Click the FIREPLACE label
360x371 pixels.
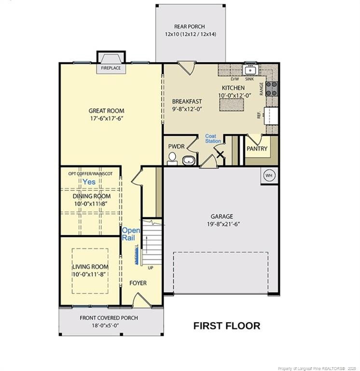coord(111,69)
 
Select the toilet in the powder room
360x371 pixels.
coord(172,158)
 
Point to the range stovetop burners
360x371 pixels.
coord(272,88)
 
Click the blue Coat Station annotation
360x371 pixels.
coord(213,139)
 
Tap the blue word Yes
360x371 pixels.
coord(89,182)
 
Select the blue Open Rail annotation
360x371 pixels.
coord(131,234)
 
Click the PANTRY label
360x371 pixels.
coord(257,149)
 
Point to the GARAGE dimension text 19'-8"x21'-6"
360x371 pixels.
coord(222,224)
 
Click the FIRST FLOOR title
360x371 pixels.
coord(226,326)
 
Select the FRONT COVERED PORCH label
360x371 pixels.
coord(109,318)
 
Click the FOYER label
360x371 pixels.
coord(138,283)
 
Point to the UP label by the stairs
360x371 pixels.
coord(151,268)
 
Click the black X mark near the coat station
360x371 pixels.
coord(220,155)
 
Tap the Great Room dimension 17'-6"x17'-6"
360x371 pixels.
coord(103,118)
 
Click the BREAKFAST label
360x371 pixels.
coord(187,101)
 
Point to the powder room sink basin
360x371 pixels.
coord(189,160)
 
